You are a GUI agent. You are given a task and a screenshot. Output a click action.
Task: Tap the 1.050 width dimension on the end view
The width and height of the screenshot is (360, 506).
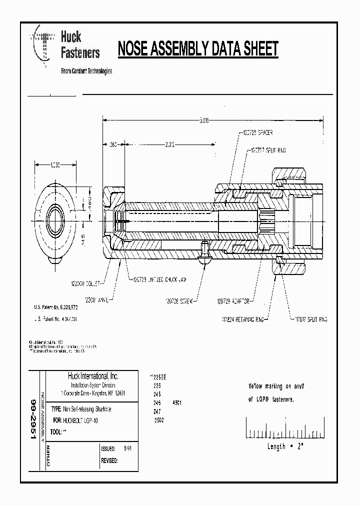(x=55, y=164)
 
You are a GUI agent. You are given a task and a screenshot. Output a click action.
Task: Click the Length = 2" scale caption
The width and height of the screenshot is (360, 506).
(x=285, y=446)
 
